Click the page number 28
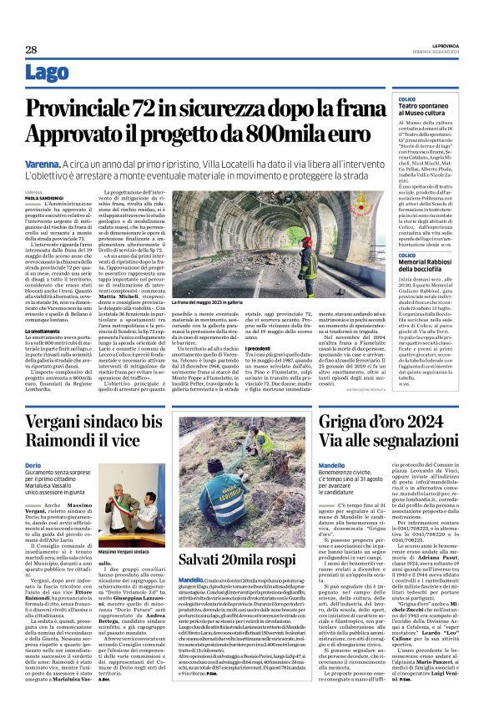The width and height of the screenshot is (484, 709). pyautogui.click(x=31, y=50)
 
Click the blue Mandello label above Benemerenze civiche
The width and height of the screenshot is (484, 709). pyautogui.click(x=331, y=465)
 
